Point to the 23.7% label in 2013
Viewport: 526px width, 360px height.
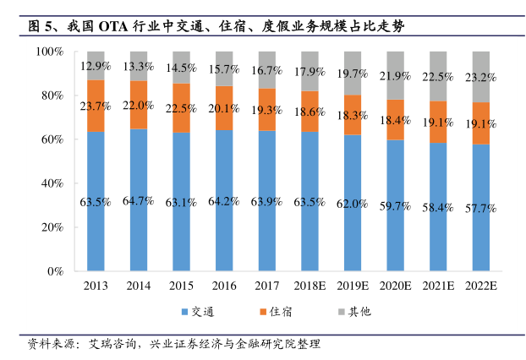coord(95,106)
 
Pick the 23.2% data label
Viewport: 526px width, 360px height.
coord(480,78)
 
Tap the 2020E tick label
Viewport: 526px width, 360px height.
coord(395,286)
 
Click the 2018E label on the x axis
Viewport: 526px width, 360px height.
coord(310,286)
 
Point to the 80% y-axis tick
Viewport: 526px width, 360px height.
coord(52,95)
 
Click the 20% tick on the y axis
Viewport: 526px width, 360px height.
coord(52,227)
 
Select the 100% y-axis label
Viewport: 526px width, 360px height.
coord(51,52)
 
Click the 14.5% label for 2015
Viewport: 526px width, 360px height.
coord(181,68)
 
